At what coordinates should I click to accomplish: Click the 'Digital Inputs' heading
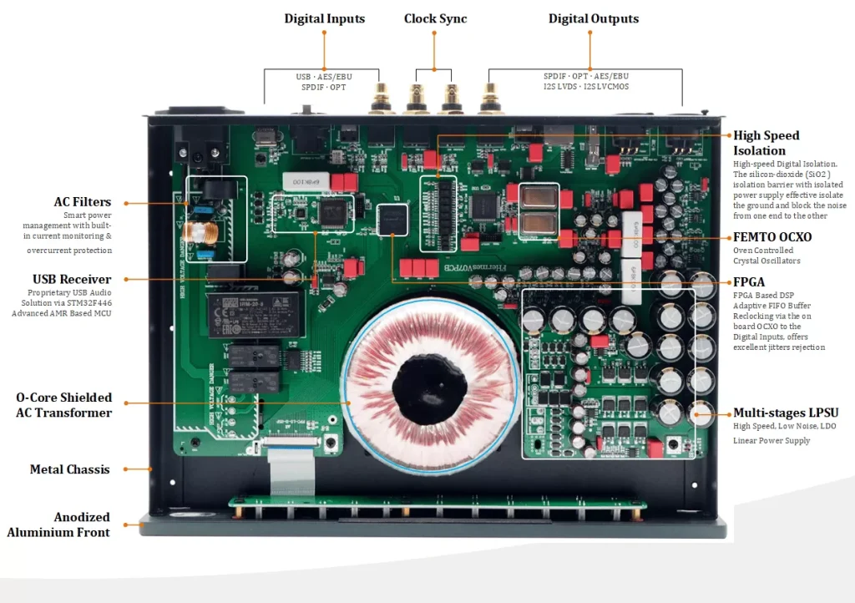tap(325, 18)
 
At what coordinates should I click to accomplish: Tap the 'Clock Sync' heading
tap(435, 18)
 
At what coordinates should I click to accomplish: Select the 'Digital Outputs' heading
tap(594, 18)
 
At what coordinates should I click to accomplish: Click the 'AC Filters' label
tap(83, 202)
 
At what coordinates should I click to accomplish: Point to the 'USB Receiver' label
tap(72, 279)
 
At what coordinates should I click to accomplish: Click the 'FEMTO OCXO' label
tap(772, 237)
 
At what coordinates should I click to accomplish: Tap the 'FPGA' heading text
tap(749, 281)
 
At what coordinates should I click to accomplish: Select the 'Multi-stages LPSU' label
tap(786, 413)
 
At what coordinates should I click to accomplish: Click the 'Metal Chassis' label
tap(70, 469)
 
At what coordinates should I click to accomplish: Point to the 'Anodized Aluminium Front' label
tap(58, 524)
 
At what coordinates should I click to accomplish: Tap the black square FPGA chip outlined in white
tap(392, 220)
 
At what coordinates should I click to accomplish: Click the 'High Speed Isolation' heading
tap(766, 143)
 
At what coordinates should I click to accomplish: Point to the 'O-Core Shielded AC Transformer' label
tap(63, 405)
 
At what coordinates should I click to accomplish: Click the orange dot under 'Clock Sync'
tap(434, 33)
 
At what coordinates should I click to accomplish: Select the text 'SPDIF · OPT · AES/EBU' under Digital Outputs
tap(585, 76)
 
